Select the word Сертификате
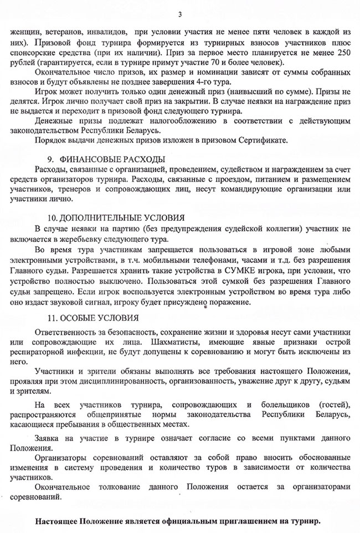(x=263, y=139)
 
